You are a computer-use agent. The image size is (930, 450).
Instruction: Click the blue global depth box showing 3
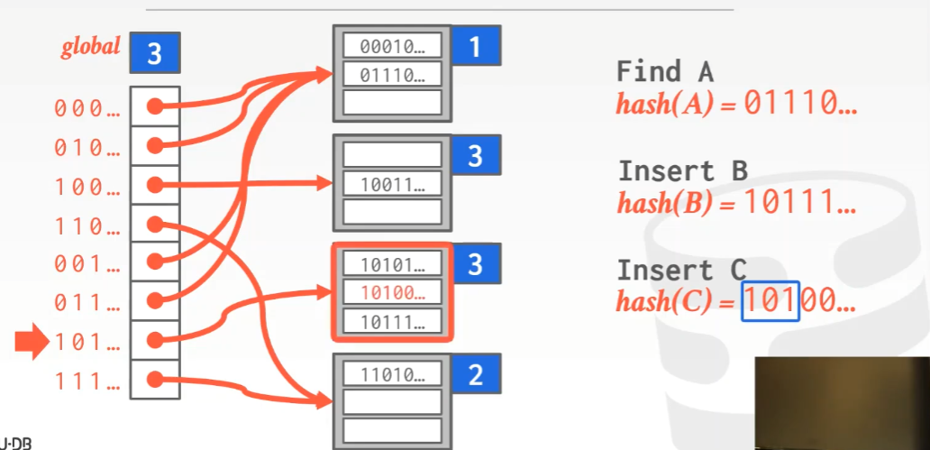154,53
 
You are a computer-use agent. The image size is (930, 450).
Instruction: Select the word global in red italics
91,47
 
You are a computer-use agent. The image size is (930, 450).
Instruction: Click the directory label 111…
87,382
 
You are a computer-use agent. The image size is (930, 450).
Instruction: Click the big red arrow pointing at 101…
32,342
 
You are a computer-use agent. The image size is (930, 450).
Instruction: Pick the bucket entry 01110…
392,75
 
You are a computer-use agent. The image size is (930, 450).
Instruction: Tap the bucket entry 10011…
392,185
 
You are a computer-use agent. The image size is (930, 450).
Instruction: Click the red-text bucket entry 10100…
392,292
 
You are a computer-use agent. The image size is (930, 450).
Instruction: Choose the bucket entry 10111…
392,320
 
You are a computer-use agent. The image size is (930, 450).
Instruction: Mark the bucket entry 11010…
392,374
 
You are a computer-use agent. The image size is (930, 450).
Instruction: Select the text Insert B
682,170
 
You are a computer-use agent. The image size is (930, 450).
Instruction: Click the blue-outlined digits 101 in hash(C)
770,301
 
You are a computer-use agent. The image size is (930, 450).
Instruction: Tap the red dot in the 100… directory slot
154,185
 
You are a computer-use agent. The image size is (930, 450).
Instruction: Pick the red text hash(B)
664,204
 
